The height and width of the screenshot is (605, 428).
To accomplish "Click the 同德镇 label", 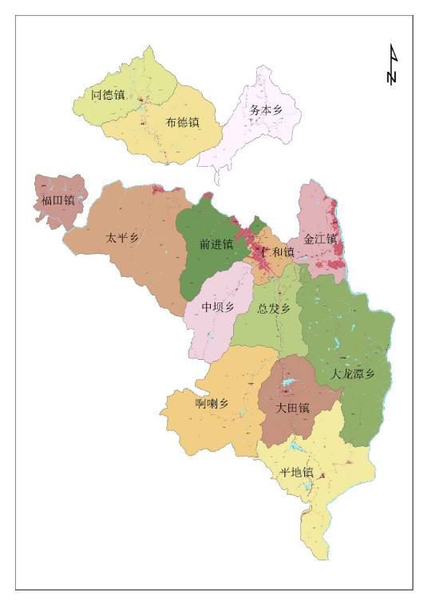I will (108, 95).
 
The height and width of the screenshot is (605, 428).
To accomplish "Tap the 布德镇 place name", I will (182, 122).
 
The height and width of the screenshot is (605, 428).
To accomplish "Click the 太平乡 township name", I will (122, 237).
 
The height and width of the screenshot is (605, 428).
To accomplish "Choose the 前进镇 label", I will (216, 244).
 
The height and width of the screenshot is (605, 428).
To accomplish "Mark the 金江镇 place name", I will (321, 239).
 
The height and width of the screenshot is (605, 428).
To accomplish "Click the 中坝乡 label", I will (217, 307).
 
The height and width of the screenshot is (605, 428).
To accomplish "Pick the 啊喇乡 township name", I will (212, 403).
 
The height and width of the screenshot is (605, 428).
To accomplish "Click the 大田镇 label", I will (292, 407).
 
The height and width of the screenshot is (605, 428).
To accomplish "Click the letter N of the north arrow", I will (392, 77).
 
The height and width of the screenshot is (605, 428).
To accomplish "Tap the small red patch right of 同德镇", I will (141, 102).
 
